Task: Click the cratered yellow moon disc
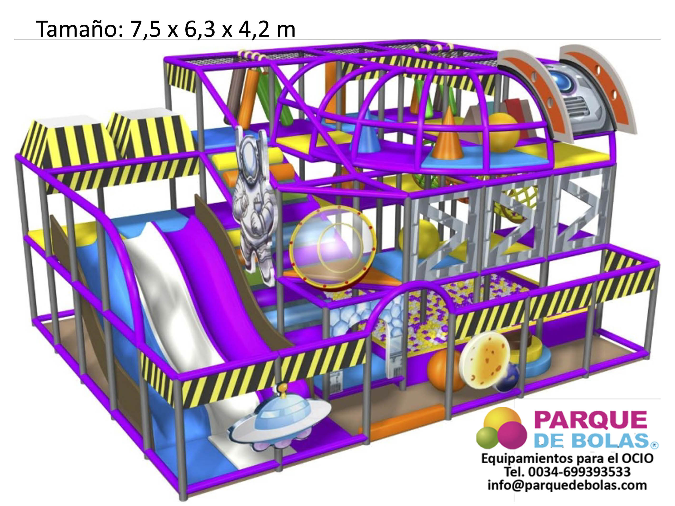(x=485, y=360)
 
